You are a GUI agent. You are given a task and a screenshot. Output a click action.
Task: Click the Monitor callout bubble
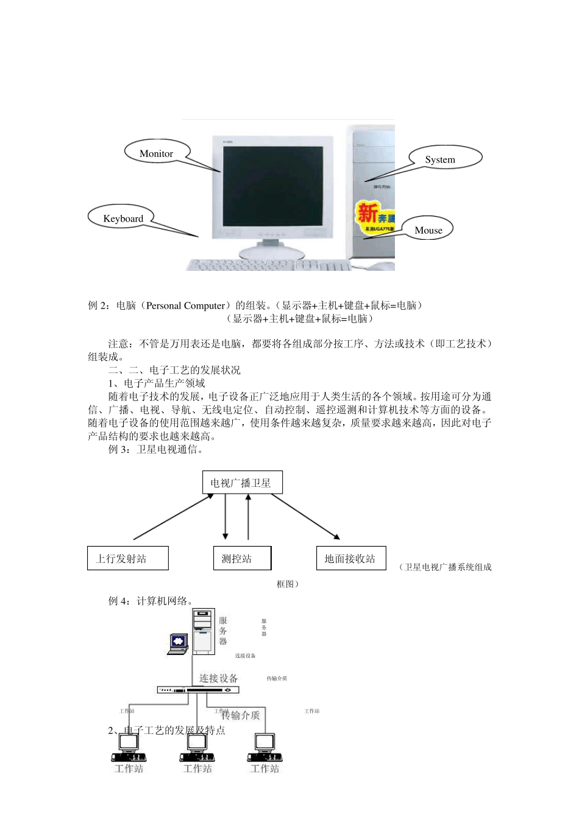(x=157, y=153)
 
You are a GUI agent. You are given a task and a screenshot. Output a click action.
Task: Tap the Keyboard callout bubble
(x=122, y=218)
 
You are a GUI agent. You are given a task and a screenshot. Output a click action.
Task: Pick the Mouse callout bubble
(x=429, y=229)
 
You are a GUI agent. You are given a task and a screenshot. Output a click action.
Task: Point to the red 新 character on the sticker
(x=367, y=213)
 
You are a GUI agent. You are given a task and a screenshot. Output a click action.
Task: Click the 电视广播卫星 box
(x=242, y=483)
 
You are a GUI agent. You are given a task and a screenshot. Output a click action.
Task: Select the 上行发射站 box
(x=127, y=558)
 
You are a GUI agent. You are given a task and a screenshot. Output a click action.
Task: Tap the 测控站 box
(x=242, y=558)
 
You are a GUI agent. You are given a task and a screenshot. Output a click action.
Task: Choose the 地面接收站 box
(x=350, y=558)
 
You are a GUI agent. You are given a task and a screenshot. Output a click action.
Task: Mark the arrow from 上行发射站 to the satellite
(x=174, y=517)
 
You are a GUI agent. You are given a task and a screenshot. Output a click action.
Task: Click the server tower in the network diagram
(x=204, y=631)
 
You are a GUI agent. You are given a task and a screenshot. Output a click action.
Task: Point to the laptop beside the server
(x=178, y=644)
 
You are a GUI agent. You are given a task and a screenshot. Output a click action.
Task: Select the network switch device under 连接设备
(x=198, y=690)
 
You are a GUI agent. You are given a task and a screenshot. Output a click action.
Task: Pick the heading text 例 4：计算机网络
(x=151, y=601)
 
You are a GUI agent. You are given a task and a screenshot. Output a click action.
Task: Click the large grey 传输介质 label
(x=241, y=715)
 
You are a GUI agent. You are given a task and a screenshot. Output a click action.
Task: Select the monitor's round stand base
(x=272, y=252)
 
